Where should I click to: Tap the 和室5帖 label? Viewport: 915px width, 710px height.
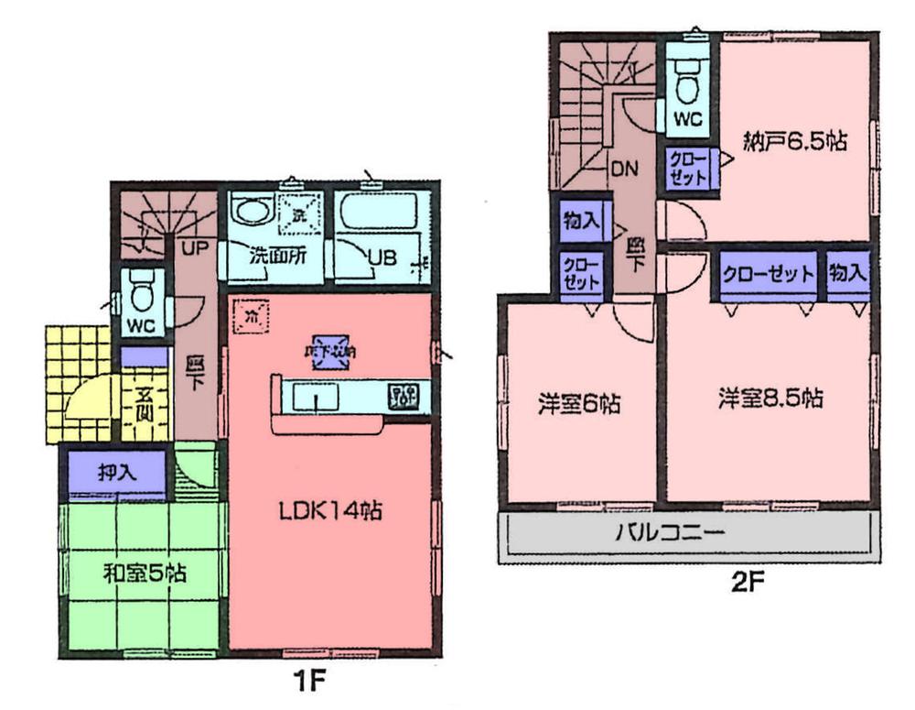[x=144, y=574]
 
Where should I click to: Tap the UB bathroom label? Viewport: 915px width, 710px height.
[x=382, y=257]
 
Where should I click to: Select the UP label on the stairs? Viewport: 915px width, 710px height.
[x=191, y=247]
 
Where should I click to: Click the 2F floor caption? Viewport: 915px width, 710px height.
[x=744, y=580]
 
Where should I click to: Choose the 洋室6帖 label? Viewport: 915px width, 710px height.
[x=579, y=403]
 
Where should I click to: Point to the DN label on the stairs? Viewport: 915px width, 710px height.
[x=625, y=169]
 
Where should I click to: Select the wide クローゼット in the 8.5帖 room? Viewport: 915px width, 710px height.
[x=768, y=274]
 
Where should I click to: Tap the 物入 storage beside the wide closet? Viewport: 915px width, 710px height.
[x=847, y=273]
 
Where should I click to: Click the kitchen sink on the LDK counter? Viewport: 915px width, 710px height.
[x=316, y=398]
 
